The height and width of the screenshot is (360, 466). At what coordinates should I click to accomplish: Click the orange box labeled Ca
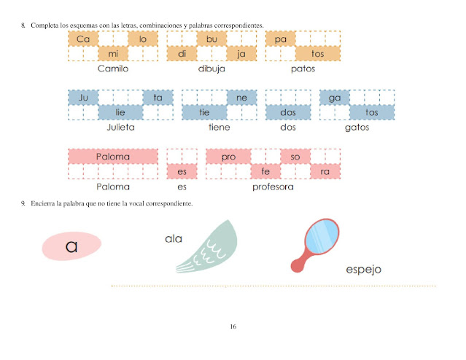point(82,39)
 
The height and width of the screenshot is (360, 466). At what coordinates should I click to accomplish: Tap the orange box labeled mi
point(112,53)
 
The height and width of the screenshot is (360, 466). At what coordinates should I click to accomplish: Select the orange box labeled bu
point(211,39)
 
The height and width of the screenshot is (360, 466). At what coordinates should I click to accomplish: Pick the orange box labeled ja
point(241,53)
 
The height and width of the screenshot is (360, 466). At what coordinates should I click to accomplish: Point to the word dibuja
point(211,69)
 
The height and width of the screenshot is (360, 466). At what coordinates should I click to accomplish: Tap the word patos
point(303,69)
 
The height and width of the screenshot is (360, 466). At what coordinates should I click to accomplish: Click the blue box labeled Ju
point(82,97)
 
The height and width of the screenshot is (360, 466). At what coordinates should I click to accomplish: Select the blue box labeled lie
point(120,111)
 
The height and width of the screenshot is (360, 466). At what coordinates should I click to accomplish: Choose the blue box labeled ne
point(241,97)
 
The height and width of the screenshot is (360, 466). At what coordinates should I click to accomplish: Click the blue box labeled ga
point(335,97)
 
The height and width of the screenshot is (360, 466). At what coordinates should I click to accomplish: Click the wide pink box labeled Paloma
point(112,157)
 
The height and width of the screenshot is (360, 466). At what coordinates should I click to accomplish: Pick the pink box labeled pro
point(228,157)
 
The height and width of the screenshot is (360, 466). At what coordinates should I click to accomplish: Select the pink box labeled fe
point(265,171)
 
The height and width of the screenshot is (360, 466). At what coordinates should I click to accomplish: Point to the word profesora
point(273,187)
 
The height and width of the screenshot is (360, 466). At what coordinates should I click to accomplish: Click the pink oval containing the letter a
point(71,246)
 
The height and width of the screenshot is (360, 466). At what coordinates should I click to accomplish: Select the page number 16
point(233,326)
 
